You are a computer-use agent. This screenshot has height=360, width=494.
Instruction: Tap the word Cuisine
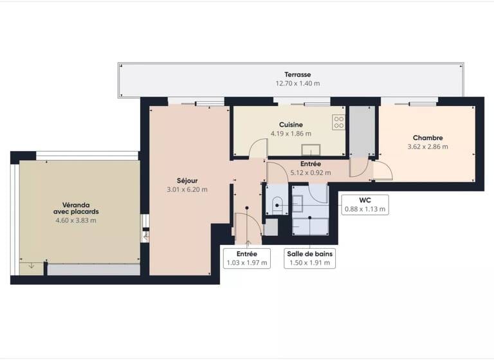coord(291,125)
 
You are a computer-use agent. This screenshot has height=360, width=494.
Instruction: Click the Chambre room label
coord(428,138)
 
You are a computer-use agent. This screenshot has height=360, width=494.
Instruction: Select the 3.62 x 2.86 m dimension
coord(428,147)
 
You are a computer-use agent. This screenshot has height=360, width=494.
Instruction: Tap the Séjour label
coord(187,180)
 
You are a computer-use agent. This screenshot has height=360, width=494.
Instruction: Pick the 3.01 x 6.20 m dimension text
coord(187,189)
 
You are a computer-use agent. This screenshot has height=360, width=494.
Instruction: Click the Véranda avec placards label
coord(76,207)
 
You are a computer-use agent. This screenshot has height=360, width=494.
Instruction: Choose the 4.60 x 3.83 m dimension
coord(76,221)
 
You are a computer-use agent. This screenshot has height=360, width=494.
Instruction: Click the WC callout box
coord(364,204)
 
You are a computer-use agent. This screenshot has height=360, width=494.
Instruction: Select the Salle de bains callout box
coord(310,258)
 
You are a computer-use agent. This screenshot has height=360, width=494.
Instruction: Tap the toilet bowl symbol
coord(277,205)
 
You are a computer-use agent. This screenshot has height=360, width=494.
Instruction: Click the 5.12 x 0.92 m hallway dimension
coord(311,172)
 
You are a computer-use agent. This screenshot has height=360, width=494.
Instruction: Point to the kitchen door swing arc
coord(258,147)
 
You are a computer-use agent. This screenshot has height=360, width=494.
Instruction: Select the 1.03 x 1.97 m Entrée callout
coord(247,258)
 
